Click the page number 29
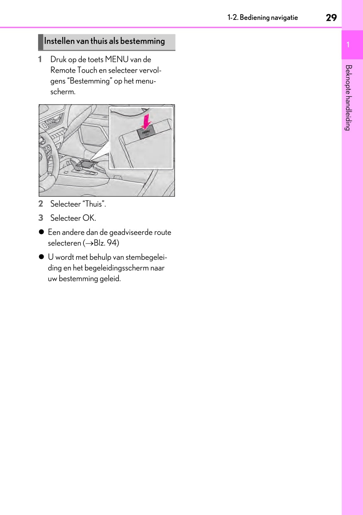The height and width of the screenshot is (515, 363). [x=331, y=17]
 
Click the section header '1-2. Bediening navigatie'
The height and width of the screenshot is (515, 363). [x=262, y=17]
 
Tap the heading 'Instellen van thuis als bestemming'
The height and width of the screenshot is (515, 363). [x=104, y=41]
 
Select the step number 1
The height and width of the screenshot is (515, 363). [x=40, y=59]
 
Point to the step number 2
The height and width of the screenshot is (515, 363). [x=40, y=204]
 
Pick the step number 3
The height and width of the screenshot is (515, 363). [x=40, y=218]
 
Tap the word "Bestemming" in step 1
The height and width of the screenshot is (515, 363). [x=87, y=81]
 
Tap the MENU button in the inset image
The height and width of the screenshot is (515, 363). [x=146, y=133]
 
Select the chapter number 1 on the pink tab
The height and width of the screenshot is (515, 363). [x=348, y=44]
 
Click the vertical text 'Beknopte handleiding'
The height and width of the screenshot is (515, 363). [x=348, y=98]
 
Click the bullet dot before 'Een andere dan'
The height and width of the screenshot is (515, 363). [x=41, y=232]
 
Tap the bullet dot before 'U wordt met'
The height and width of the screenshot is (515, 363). [x=41, y=257]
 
